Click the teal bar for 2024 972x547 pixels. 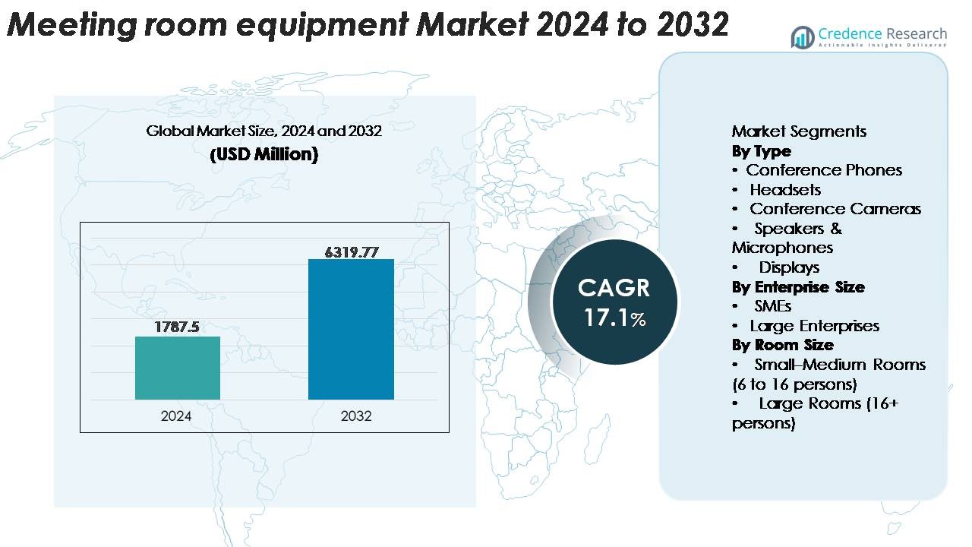(178, 368)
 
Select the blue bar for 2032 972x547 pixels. (351, 329)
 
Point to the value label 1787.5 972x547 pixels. (177, 327)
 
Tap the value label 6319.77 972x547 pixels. (351, 251)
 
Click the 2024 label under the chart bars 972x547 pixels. (176, 416)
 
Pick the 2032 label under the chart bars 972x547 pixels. (356, 416)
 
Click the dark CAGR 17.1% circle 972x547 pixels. (614, 302)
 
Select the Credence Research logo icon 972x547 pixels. (802, 37)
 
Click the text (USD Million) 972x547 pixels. (264, 154)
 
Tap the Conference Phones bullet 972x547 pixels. (823, 170)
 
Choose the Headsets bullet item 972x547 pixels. (784, 190)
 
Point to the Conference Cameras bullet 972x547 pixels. (835, 209)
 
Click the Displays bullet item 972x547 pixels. (789, 267)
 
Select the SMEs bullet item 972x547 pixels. (772, 306)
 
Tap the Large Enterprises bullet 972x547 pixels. (814, 326)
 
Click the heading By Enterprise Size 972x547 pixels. (797, 287)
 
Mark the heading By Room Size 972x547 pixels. (782, 345)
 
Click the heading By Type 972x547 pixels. (761, 151)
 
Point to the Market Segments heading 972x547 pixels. (799, 131)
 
